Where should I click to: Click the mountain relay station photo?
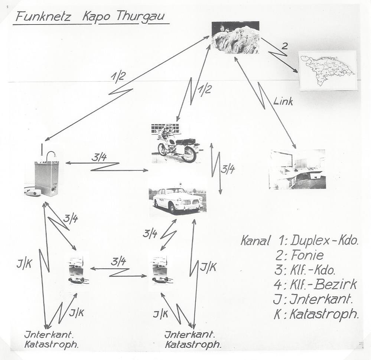(235, 37)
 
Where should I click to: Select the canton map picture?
(328, 70)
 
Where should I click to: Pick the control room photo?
(297, 169)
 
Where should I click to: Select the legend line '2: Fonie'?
(299, 255)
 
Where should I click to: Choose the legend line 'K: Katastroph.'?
(316, 314)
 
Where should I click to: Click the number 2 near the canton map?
(284, 46)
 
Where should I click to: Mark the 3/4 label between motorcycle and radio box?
(99, 157)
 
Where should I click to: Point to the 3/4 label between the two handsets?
(118, 261)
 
